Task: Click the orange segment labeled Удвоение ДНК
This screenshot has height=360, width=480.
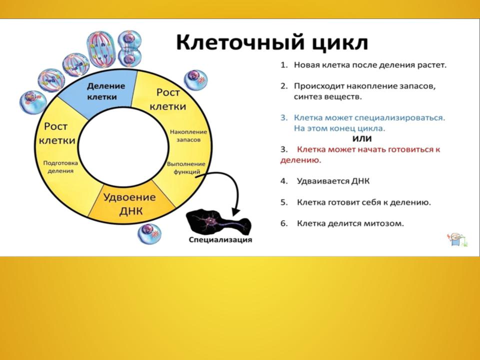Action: pos(130,202)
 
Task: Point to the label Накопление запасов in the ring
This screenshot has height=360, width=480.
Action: pos(188,136)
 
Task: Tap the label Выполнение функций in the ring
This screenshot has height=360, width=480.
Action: pos(186,168)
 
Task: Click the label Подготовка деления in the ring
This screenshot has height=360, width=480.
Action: pos(60,167)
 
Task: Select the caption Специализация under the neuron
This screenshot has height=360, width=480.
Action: pos(220,239)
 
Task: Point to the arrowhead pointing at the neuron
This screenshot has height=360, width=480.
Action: pos(235,211)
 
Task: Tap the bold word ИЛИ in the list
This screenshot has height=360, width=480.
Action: pos(362,138)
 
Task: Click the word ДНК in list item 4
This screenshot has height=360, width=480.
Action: pos(360,181)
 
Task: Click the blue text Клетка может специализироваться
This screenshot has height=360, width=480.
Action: pos(369,118)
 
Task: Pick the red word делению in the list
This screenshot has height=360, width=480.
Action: pos(300,160)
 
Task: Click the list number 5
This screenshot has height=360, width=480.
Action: pos(284,202)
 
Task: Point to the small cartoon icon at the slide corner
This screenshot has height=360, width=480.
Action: pos(457,239)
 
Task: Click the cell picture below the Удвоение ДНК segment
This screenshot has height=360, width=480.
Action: pos(149,234)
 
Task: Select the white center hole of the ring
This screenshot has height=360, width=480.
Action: pos(123,147)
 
